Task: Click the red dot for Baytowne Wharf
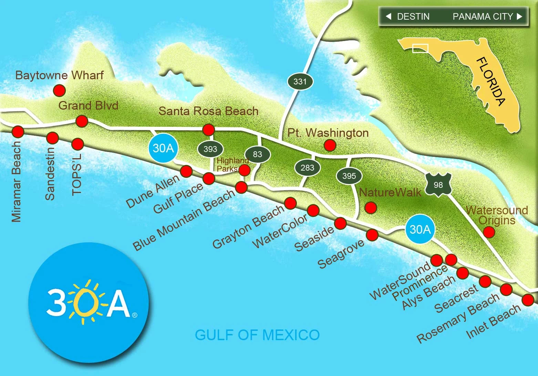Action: pos(59,91)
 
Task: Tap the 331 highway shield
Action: pos(300,82)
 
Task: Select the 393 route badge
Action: pos(210,149)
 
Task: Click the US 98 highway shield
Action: pos(438,185)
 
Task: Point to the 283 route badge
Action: pos(307,168)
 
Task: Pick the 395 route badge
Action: pos(349,176)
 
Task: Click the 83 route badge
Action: pos(257,154)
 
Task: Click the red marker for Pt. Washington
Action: pos(330,145)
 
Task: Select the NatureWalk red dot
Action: pos(371,207)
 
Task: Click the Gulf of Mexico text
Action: pos(257,335)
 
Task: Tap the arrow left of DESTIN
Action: pos(389,16)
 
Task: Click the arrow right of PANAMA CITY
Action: pos(519,16)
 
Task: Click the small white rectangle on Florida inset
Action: pos(420,49)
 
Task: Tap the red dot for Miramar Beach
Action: pos(18,131)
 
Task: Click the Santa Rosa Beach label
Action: pos(208,111)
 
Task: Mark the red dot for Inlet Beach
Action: pos(528,300)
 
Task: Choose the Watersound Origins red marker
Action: pos(489,232)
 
